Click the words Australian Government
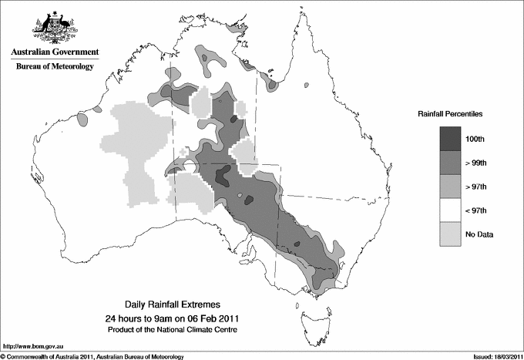pyautogui.click(x=55, y=53)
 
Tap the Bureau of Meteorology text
pyautogui.click(x=55, y=67)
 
